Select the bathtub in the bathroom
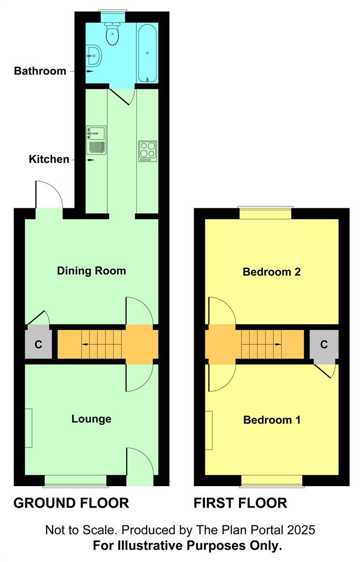[x=148, y=53]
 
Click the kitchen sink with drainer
[x=96, y=140]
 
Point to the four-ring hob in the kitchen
[x=148, y=151]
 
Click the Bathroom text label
[x=40, y=71]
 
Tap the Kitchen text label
[x=49, y=159]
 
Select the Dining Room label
[x=91, y=271]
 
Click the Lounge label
[x=91, y=419]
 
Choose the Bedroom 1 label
[x=271, y=420]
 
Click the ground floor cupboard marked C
[x=38, y=345]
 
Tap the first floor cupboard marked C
[x=324, y=345]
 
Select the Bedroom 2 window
[x=265, y=213]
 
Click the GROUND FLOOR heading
[x=71, y=503]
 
